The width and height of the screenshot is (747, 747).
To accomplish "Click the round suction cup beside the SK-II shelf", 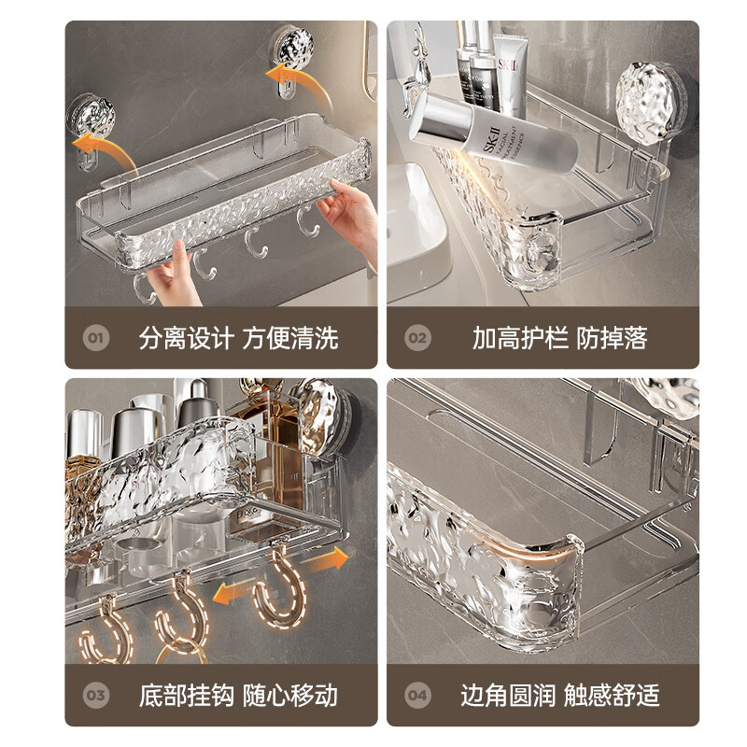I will coord(654,94).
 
